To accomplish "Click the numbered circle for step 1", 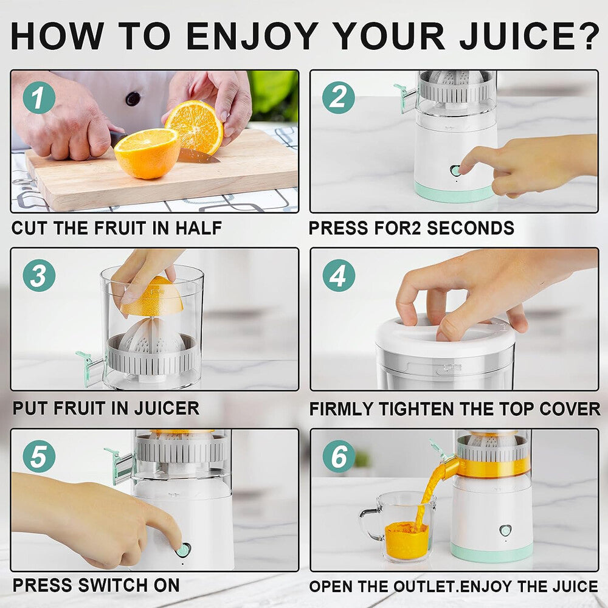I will coord(39,97).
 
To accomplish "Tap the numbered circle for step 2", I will coord(338,97).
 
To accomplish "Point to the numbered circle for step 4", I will coord(338,275).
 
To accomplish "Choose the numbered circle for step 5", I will coord(39,456).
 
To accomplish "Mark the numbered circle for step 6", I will coord(338,456).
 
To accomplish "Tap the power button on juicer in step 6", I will coord(505,530).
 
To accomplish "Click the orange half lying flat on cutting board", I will coord(147,153).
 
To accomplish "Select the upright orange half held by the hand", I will coord(195,126).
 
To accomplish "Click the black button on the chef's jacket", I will coord(133,98).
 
